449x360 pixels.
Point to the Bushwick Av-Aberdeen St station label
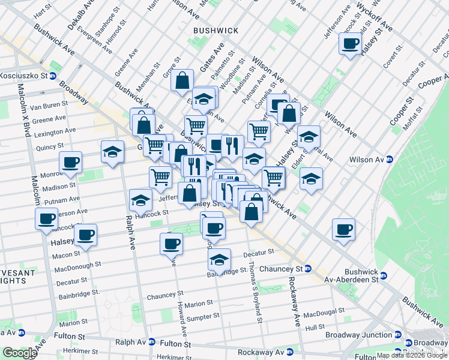pos(351,275)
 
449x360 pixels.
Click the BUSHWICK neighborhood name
pos(215,30)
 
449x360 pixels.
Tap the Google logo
pos(20,353)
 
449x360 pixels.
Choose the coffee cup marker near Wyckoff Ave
pos(350,44)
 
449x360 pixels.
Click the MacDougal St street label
pos(322,314)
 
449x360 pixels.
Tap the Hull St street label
pos(315,328)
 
